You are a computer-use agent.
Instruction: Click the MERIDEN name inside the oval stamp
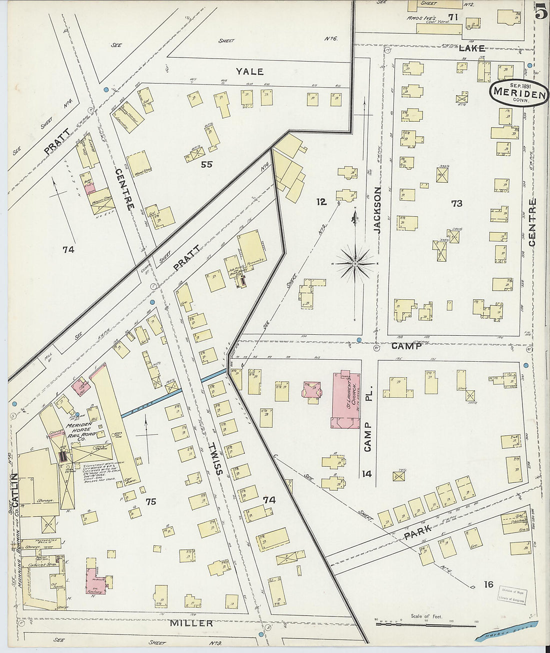point(518,92)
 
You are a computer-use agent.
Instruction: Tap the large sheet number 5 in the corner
point(540,11)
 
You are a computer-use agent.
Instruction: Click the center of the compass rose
point(354,263)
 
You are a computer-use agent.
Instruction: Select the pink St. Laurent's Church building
point(345,400)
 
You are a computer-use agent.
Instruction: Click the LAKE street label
point(471,48)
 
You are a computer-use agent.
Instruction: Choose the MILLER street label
point(191,623)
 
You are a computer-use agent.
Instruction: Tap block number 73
point(456,203)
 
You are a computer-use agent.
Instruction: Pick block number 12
point(321,202)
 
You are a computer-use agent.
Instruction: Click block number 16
point(488,584)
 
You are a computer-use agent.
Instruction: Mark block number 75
point(150,502)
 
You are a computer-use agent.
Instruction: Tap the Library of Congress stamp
point(511,596)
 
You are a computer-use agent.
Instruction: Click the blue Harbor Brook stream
point(507,630)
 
